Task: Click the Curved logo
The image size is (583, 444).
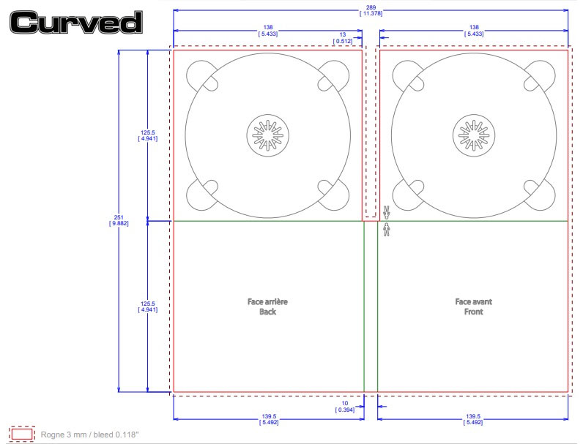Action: coord(76,22)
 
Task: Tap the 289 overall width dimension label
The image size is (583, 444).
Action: coord(371,10)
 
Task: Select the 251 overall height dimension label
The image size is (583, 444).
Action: coord(119,220)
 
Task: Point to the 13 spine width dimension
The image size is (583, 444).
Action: coord(343,38)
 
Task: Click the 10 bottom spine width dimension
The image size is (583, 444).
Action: coord(345,407)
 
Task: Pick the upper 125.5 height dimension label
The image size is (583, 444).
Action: coord(148,135)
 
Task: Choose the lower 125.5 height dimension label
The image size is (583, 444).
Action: coord(148,306)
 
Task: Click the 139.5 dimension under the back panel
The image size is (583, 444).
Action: coord(269,420)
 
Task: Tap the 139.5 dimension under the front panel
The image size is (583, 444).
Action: coord(473,420)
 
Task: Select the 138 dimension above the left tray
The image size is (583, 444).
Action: coord(268,31)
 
